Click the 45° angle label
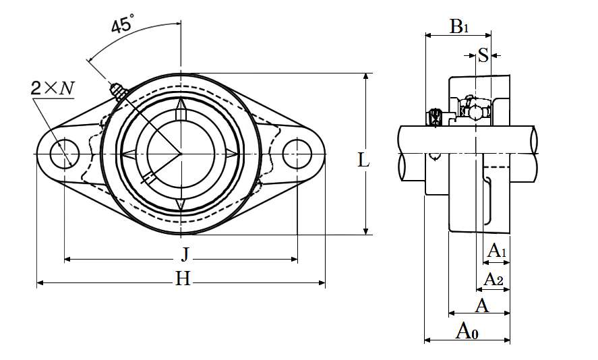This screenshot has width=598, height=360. click(x=123, y=26)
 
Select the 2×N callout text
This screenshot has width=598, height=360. click(x=52, y=88)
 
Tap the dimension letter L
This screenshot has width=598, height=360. click(x=364, y=160)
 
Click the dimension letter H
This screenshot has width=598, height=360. click(x=183, y=278)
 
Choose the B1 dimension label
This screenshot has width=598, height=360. click(x=459, y=27)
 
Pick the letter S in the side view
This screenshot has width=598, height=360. click(x=483, y=55)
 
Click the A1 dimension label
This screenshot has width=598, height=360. click(x=497, y=251)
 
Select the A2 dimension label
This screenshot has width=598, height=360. click(x=495, y=279)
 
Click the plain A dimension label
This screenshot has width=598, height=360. click(x=481, y=306)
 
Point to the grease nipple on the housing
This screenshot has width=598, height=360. click(x=118, y=90)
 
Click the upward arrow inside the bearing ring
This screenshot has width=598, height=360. click(x=181, y=110)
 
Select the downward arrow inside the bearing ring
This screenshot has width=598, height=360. click(x=181, y=203)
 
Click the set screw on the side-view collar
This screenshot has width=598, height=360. click(x=435, y=117)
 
